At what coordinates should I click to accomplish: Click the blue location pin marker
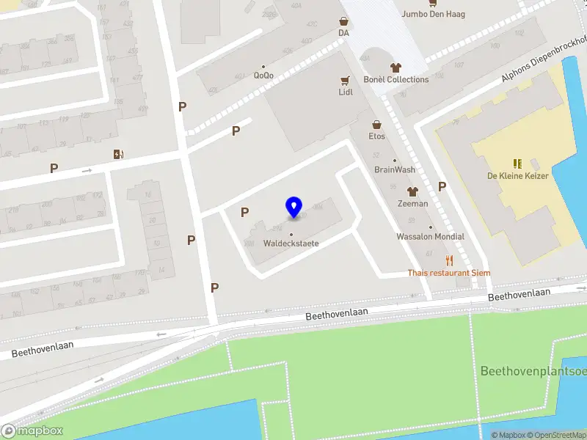tap(294, 207)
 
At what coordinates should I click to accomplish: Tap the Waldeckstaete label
tap(291, 243)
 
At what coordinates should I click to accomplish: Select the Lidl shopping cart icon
tap(345, 80)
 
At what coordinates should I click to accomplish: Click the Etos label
tap(377, 136)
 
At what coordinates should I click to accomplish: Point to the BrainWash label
tap(395, 169)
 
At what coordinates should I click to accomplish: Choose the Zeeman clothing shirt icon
tap(412, 191)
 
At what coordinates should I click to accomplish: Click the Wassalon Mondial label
tap(430, 236)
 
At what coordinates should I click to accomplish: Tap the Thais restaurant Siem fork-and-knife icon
tap(449, 260)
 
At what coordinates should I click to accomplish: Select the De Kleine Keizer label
tap(517, 176)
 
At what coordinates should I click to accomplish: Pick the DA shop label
tap(343, 33)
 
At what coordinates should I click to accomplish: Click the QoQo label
tap(263, 75)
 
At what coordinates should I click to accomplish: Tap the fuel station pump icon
tap(118, 154)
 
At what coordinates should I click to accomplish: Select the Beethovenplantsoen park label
tap(533, 371)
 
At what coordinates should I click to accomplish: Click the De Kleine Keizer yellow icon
tap(517, 163)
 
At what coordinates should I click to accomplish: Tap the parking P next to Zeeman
tap(442, 186)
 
